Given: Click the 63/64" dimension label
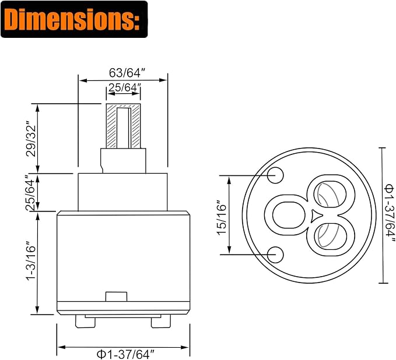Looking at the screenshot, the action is [128, 73].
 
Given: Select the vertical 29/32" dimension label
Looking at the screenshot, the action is [31, 139].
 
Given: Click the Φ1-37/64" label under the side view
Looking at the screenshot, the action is [125, 354].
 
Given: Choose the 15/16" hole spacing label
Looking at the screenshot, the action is [222, 217].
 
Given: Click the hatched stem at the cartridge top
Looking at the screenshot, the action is [124, 126].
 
